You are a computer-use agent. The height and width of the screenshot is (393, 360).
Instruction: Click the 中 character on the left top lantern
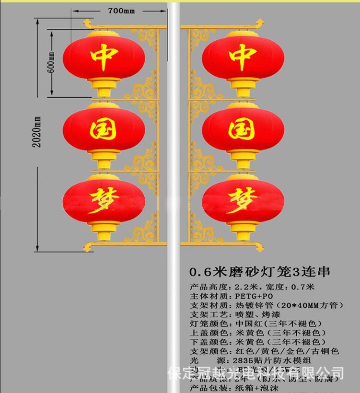tap(104, 58)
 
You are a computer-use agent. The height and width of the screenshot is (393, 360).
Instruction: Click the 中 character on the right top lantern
tap(243, 58)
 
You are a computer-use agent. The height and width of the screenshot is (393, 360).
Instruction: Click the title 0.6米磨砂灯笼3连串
tap(260, 272)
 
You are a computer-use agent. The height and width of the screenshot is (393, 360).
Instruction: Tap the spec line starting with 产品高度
tap(252, 287)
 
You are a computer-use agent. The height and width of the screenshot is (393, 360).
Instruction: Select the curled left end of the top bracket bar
tap(88, 23)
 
